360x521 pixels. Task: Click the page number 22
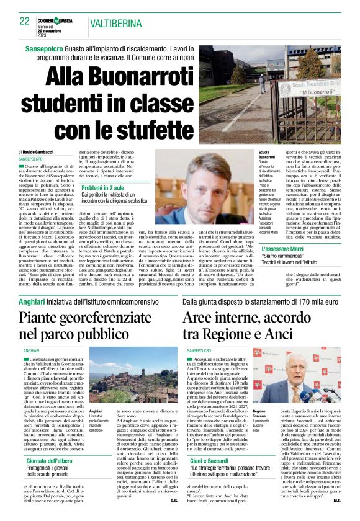point(25,21)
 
